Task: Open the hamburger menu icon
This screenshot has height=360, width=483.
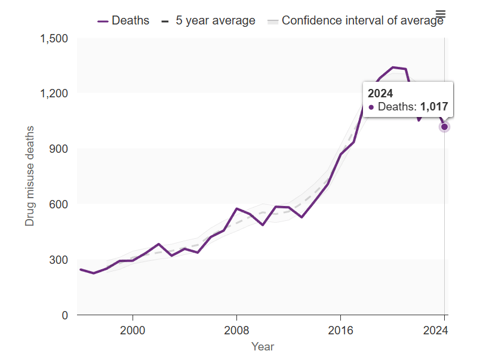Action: point(441,14)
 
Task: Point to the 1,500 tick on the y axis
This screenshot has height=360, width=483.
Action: point(54,39)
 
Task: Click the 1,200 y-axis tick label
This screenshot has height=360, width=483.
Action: point(54,94)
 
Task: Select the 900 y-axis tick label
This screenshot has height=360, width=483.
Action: point(59,149)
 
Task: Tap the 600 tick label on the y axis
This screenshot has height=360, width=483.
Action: point(59,204)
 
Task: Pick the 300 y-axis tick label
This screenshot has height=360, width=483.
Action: point(59,260)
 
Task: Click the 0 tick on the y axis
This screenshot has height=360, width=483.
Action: point(64,315)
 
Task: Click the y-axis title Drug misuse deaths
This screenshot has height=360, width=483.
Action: point(29,176)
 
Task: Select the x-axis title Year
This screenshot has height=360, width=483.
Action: point(263,346)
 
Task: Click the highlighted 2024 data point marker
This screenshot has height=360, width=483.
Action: point(444,127)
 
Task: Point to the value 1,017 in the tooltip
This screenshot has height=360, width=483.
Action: point(434,107)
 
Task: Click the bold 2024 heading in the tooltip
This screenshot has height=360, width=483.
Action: point(380,93)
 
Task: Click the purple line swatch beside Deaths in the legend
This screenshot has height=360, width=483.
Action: point(103,20)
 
